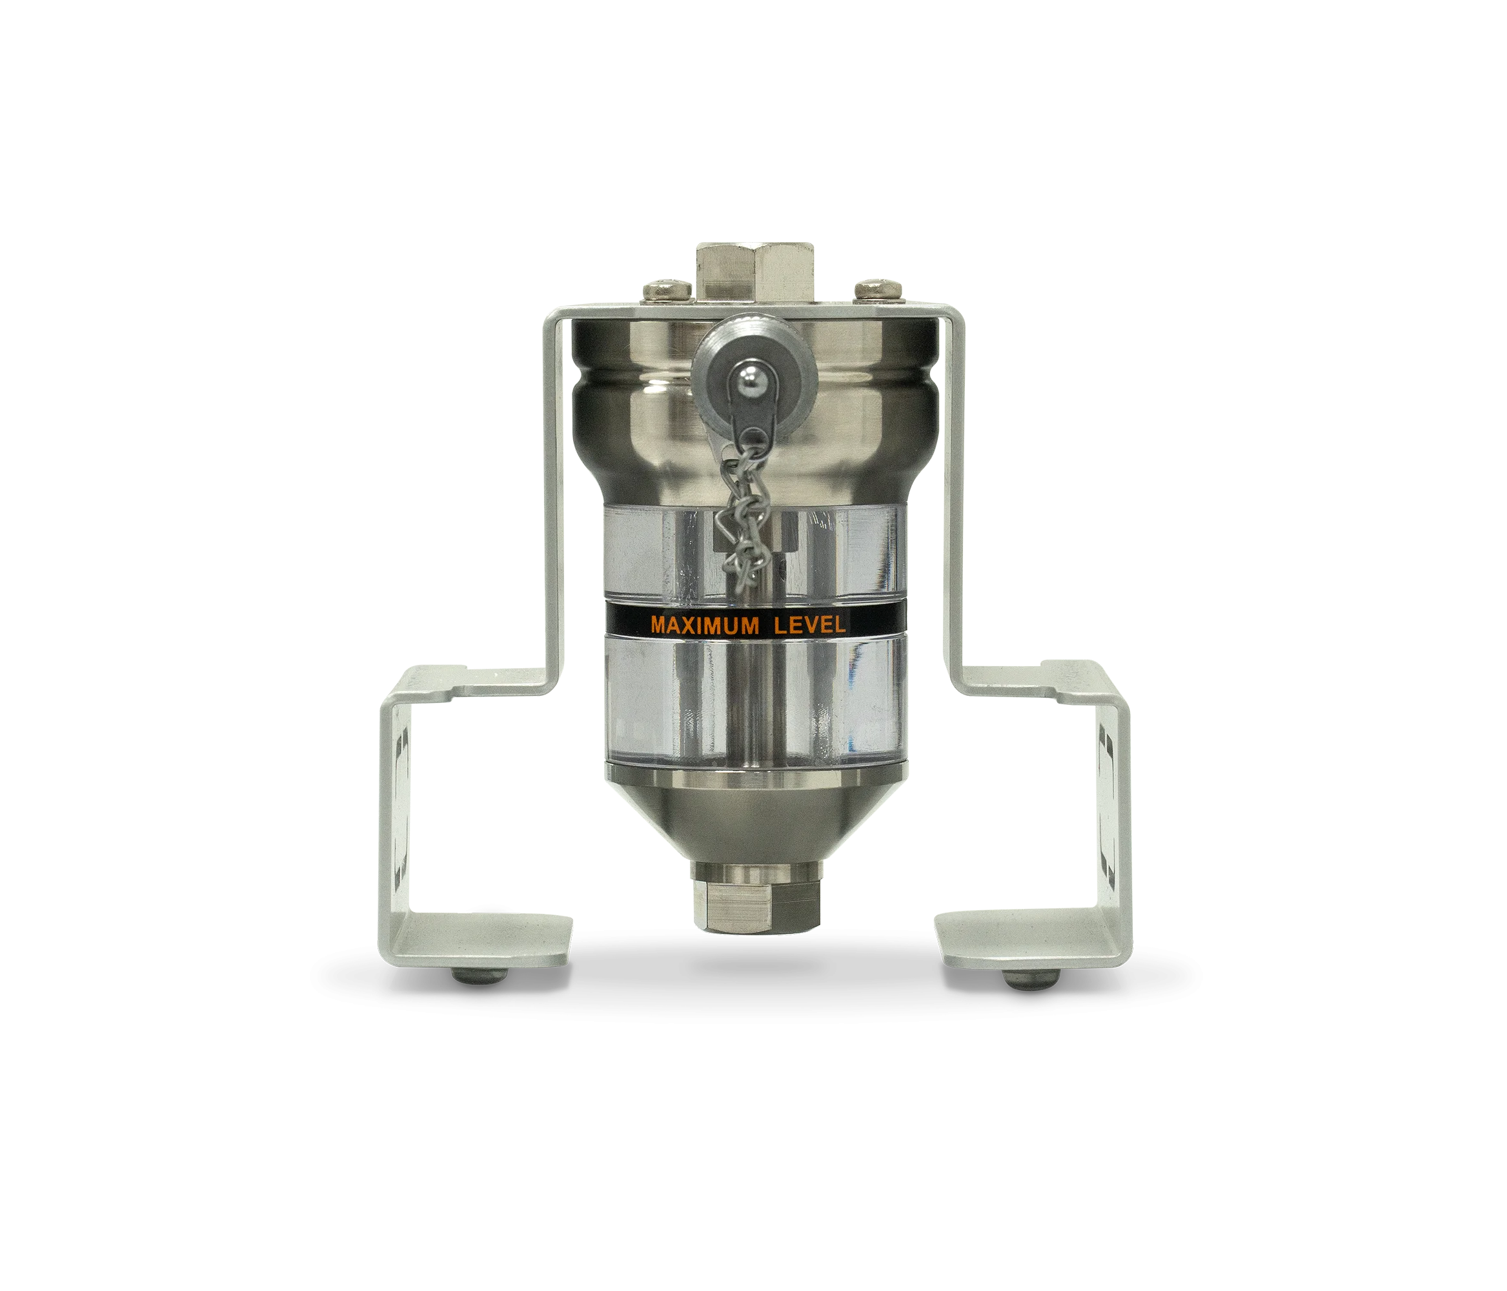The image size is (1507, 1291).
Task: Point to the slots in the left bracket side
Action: pos(400,800)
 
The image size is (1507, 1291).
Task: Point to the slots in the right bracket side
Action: pos(1106,800)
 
